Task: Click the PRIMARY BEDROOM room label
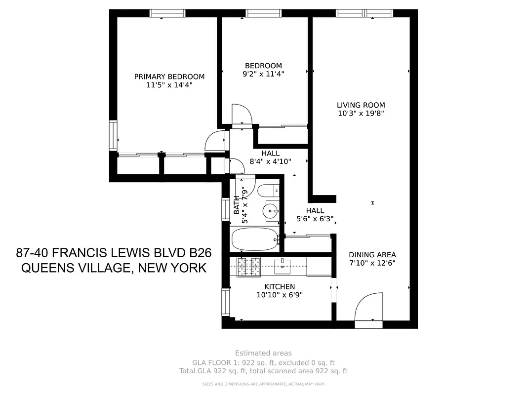click(x=169, y=77)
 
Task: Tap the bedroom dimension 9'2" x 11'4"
click(x=264, y=74)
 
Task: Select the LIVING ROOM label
click(x=361, y=105)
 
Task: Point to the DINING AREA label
click(x=372, y=255)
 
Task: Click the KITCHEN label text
click(x=280, y=286)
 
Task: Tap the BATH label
click(x=237, y=204)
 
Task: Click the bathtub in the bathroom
click(x=255, y=239)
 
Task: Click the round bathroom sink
click(x=271, y=211)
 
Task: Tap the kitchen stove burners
click(x=248, y=267)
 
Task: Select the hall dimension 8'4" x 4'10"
click(x=271, y=161)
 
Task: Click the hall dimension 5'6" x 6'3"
click(x=315, y=219)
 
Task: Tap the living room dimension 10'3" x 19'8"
click(x=361, y=113)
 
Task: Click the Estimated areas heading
click(x=263, y=353)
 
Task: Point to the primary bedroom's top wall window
click(x=167, y=13)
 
